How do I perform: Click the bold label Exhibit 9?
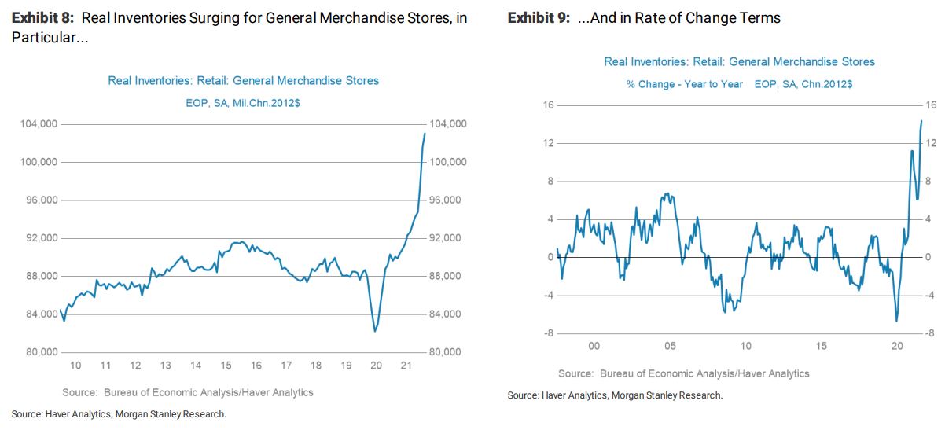(x=539, y=17)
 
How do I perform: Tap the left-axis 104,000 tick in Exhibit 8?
(x=38, y=124)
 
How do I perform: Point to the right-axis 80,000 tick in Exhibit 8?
(x=446, y=352)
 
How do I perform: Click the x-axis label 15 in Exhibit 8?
(x=226, y=366)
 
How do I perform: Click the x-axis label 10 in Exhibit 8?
(x=75, y=366)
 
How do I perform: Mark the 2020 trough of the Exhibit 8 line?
(x=374, y=331)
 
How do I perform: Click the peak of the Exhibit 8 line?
(x=425, y=133)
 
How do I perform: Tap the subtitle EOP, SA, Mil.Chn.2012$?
(x=243, y=103)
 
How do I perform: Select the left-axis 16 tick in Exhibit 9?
(x=550, y=105)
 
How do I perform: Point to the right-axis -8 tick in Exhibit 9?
(x=931, y=333)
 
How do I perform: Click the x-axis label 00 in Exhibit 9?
(x=594, y=346)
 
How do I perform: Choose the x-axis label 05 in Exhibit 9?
(x=670, y=346)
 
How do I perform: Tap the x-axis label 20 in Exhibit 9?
(x=896, y=346)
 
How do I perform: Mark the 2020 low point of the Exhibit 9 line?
(x=896, y=321)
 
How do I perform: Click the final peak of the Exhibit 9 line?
(x=921, y=120)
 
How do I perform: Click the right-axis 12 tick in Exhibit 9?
(x=931, y=143)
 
